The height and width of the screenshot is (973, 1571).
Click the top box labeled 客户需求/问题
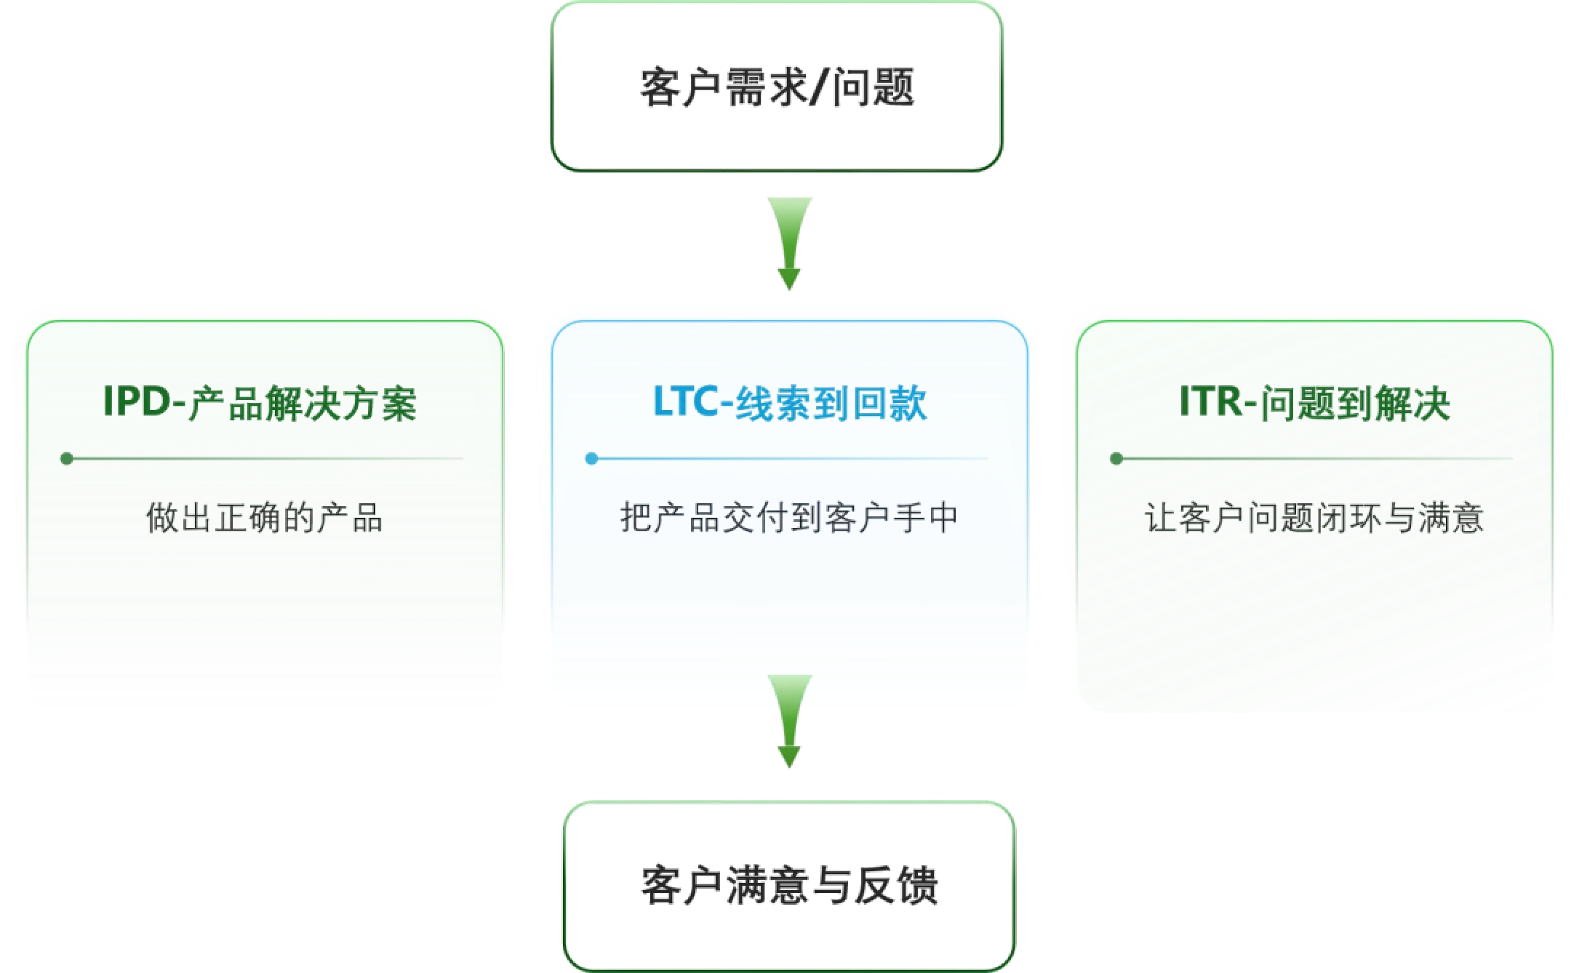[776, 87]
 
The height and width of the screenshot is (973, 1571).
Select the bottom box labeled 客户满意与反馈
[789, 886]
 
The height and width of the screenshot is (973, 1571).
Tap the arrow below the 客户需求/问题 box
[790, 243]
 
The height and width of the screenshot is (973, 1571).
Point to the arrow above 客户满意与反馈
[790, 720]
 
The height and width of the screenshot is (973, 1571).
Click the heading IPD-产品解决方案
[260, 403]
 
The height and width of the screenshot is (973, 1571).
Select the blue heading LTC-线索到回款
[790, 403]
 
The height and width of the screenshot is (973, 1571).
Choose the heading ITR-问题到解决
[1314, 403]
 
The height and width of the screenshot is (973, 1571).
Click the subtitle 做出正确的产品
[264, 518]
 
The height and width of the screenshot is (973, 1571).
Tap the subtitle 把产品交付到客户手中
[789, 518]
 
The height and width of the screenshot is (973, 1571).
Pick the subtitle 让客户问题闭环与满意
[1314, 518]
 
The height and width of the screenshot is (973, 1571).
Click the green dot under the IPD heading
[67, 459]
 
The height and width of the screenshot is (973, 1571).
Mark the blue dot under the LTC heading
[592, 459]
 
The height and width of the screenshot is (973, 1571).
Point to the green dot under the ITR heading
[1116, 459]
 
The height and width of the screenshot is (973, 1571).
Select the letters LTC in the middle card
[685, 401]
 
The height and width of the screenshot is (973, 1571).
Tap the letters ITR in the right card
[1211, 401]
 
